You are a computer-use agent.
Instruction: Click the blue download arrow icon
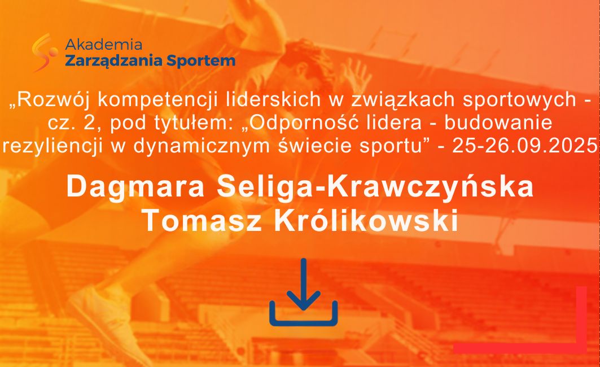304,293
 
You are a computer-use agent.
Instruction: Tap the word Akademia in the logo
103,45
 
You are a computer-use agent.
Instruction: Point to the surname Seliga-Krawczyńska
375,187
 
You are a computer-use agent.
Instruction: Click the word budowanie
498,123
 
